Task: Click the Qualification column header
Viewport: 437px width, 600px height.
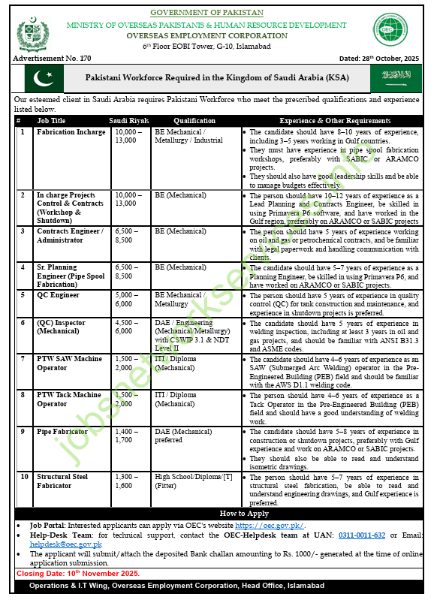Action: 194,120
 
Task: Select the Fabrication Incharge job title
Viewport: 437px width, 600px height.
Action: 71,132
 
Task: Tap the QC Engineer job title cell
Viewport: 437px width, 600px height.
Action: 59,295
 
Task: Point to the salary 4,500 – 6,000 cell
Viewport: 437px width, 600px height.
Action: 125,327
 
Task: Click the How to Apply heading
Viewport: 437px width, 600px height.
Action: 218,514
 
